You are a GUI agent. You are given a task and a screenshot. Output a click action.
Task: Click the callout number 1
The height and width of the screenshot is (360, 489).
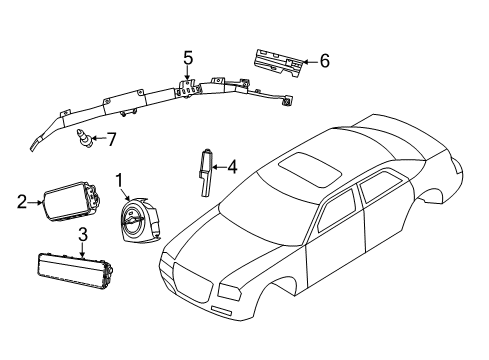coord(120,181)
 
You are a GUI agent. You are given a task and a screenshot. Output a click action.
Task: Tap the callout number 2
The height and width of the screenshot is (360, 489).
coord(22,202)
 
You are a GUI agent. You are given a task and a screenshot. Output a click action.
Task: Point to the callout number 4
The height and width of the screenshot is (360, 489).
coord(231,167)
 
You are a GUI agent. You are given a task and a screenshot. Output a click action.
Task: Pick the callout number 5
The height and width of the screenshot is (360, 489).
coord(187,57)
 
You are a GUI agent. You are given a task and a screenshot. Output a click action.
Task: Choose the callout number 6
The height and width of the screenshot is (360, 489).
coord(324,61)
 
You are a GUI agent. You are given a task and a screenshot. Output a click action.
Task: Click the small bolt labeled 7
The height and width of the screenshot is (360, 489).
coord(86,139)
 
